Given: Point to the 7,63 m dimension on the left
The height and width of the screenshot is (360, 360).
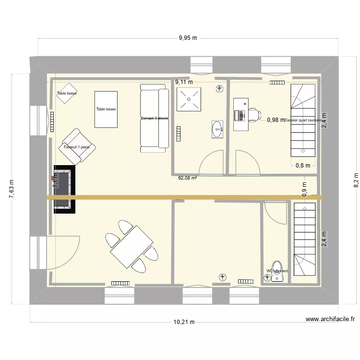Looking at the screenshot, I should (12, 189).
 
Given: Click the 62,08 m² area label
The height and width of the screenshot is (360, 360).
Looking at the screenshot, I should (188, 178).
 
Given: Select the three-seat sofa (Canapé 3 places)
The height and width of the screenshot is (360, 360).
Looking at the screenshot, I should (154, 118).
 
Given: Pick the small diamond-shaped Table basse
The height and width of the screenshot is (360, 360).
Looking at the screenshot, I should (67, 94).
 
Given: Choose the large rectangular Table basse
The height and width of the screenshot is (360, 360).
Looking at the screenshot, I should (106, 109).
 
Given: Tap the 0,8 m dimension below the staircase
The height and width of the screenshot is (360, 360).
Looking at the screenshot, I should (302, 166).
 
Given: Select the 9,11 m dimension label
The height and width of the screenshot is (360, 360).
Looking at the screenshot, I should (183, 82).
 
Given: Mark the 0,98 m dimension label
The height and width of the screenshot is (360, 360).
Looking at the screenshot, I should (276, 120).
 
